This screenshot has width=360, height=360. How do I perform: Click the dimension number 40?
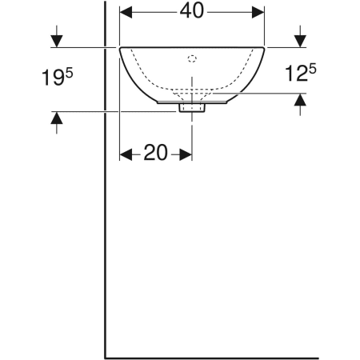click(192, 11)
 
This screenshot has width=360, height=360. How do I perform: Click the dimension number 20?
click(156, 153)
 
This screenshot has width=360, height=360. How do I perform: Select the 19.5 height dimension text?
click(58, 77)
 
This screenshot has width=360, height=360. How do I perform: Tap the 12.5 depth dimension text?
click(301, 73)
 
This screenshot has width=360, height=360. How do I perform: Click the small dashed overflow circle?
click(192, 58)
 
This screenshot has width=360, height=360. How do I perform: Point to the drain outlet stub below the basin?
click(192, 108)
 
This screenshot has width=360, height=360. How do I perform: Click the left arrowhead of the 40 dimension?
click(126, 12)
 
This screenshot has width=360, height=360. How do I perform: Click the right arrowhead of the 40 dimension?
click(258, 12)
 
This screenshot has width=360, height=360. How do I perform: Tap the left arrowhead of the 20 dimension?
click(126, 154)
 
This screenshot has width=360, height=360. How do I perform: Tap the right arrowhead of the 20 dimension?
click(186, 154)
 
